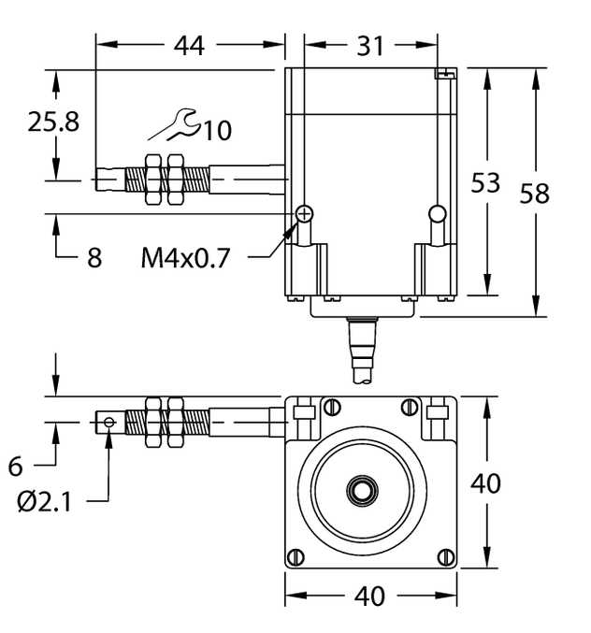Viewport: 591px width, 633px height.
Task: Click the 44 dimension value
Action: tap(190, 44)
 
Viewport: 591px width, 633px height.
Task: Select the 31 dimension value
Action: tap(370, 44)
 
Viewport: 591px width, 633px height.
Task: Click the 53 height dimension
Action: tap(485, 182)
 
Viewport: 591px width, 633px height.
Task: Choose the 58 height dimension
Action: tap(534, 193)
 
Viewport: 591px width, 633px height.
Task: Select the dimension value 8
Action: tap(94, 258)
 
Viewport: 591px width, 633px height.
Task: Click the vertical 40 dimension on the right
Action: tap(485, 483)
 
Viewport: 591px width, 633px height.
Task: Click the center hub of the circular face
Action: tap(360, 489)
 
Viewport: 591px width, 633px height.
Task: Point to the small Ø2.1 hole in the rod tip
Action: tap(110, 423)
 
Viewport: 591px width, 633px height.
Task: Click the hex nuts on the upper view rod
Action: tap(163, 179)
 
